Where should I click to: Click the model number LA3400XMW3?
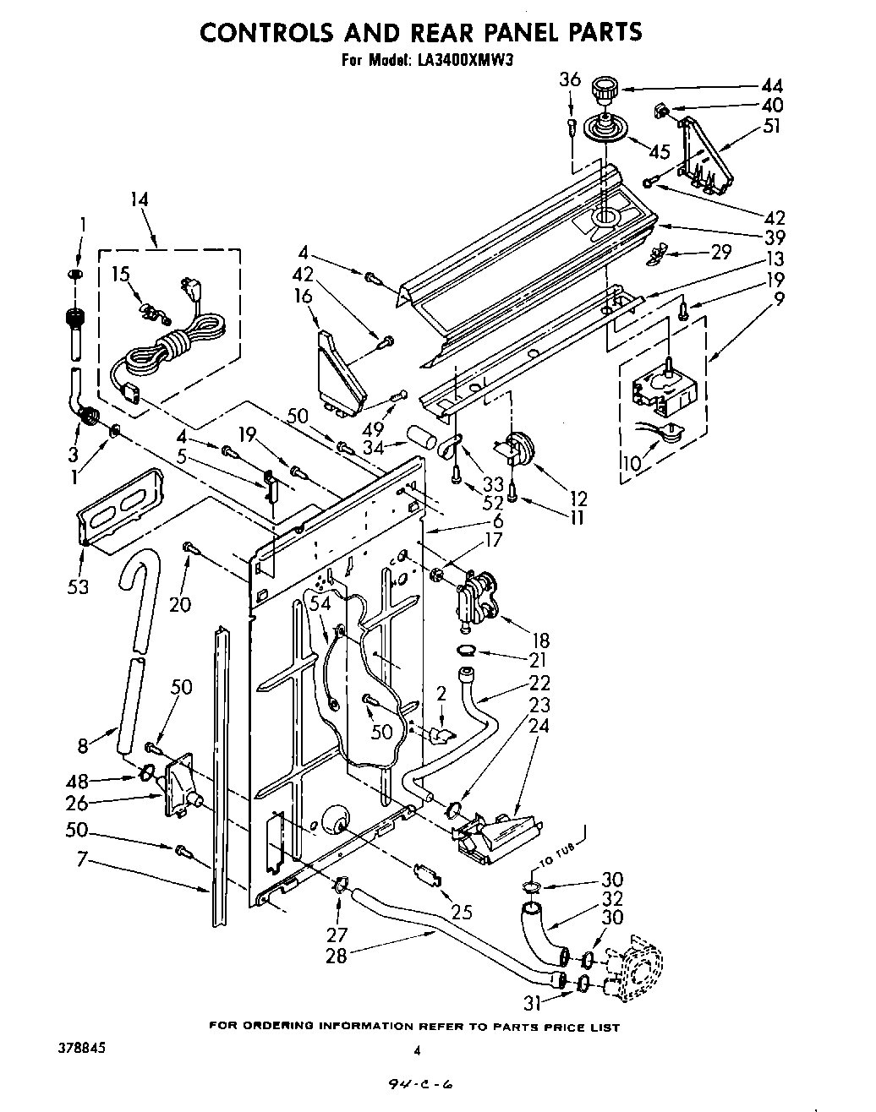coord(463,60)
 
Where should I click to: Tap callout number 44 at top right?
coord(771,86)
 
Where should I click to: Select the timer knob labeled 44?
coord(604,87)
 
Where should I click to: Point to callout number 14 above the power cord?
coord(140,200)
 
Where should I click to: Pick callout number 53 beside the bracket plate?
coord(78,586)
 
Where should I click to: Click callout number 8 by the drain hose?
coord(83,745)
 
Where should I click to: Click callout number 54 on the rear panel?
coord(320,602)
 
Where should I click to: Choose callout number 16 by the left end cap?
coord(304,295)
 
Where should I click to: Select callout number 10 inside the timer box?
coord(632,462)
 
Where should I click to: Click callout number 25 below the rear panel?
coord(461,912)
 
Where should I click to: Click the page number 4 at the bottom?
coord(417,1050)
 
